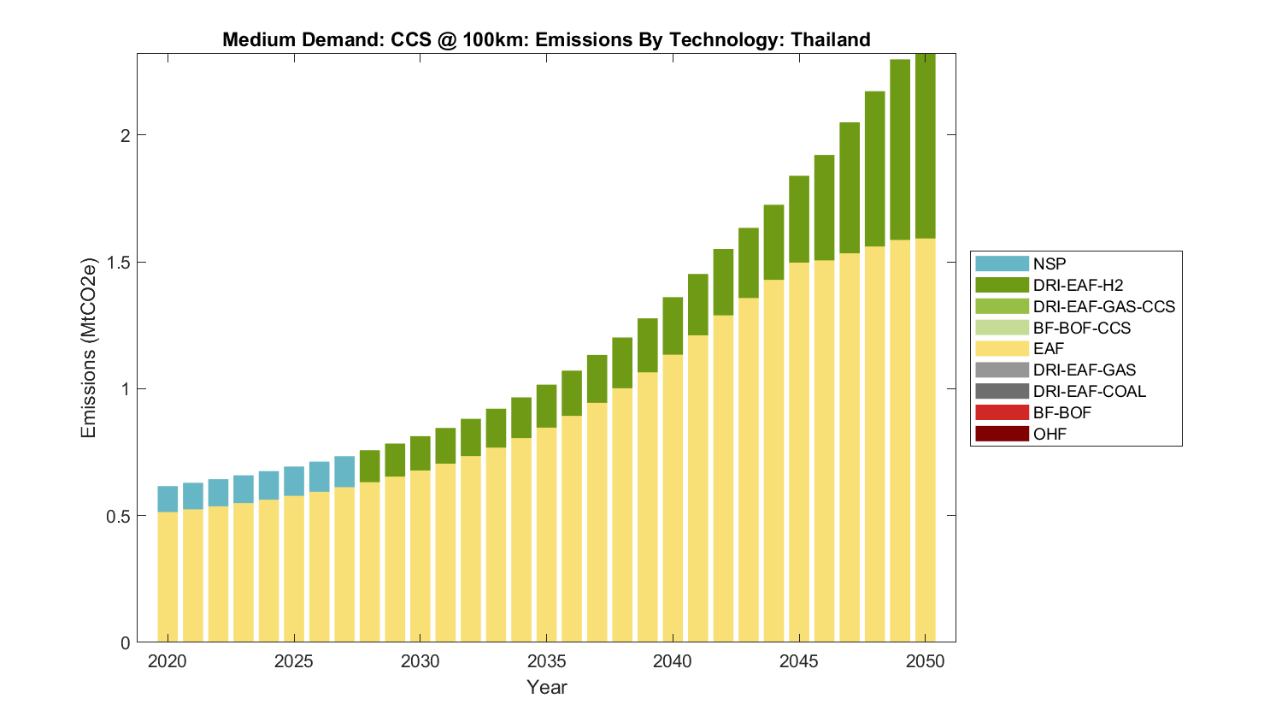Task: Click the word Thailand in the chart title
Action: click(x=830, y=39)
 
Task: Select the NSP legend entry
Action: click(x=1050, y=264)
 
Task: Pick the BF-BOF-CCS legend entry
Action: click(x=1081, y=328)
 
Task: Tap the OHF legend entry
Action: click(x=1050, y=434)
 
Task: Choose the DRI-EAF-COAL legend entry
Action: click(x=1089, y=391)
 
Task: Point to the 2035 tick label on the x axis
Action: click(x=546, y=661)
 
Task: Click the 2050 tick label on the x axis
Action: click(x=925, y=661)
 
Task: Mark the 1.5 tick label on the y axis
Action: click(x=119, y=262)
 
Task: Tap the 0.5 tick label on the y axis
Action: click(x=119, y=516)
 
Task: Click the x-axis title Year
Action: click(x=546, y=687)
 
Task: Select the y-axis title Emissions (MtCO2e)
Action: click(x=89, y=347)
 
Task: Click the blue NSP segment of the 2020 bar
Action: click(x=168, y=499)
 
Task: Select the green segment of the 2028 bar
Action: click(x=369, y=466)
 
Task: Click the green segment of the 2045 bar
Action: click(x=799, y=219)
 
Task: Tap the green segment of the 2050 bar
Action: click(x=925, y=145)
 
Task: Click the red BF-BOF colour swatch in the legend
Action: click(x=1002, y=412)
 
